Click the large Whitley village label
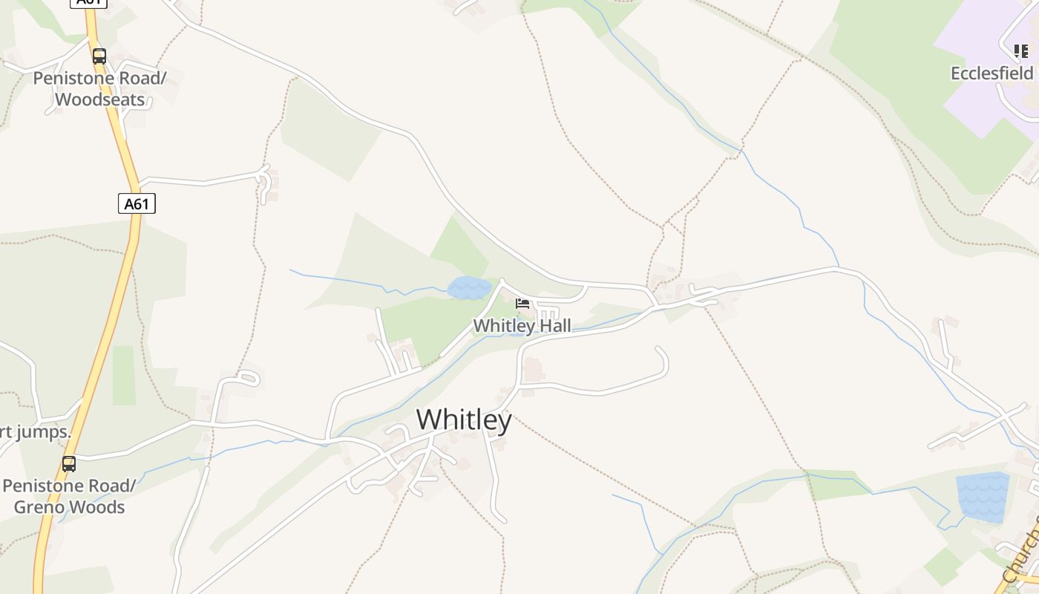pos(464,420)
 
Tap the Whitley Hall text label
pos(522,326)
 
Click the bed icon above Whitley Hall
pos(522,304)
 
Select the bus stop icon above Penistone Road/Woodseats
pos(99,56)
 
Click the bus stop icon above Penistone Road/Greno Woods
pos(69,465)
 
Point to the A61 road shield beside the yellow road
pos(137,203)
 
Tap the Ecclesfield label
pos(992,74)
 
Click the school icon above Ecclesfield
pos(1021,51)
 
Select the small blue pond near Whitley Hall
pos(469,288)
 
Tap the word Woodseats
pos(99,99)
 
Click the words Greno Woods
pos(70,508)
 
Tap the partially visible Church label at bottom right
pos(1020,557)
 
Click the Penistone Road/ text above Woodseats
pos(99,79)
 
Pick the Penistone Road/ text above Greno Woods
pos(70,486)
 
